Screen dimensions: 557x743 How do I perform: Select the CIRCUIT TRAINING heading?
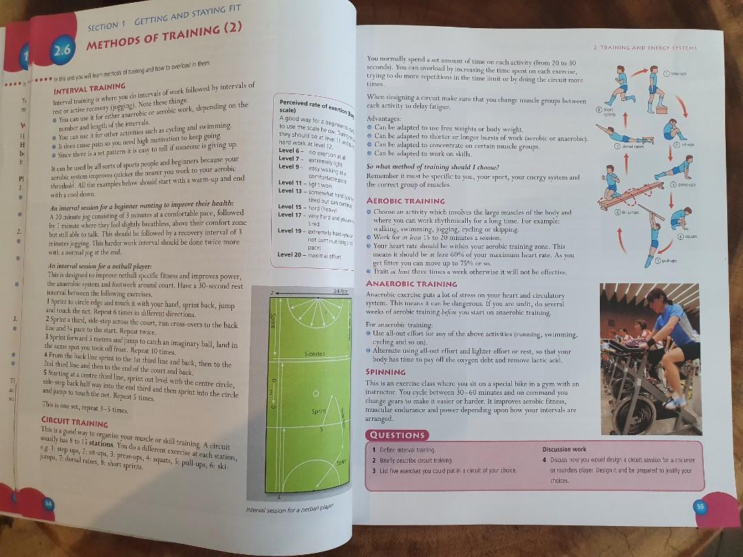pyautogui.click(x=74, y=422)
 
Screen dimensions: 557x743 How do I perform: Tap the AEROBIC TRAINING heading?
pyautogui.click(x=407, y=201)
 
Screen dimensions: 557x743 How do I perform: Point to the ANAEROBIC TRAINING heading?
pyautogui.click(x=411, y=283)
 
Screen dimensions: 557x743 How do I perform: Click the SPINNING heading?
pyautogui.click(x=386, y=371)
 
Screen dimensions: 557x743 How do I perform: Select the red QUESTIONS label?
pyautogui.click(x=398, y=435)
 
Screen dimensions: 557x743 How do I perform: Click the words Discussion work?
pyautogui.click(x=565, y=449)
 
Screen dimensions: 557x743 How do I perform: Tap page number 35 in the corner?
pyautogui.click(x=700, y=507)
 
